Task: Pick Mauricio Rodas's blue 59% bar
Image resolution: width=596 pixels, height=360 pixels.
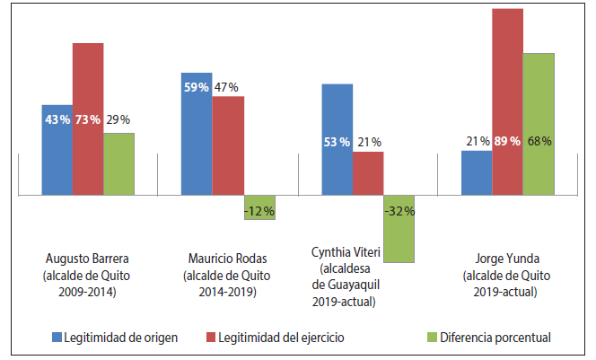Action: [197, 134]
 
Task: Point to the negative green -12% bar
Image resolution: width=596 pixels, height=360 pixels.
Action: [259, 207]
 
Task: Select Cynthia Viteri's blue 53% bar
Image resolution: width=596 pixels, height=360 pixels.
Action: [337, 139]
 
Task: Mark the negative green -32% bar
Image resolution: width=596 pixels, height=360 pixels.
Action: [399, 229]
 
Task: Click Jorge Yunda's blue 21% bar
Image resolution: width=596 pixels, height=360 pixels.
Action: [477, 172]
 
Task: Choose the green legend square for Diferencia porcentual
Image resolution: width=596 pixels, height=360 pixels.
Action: [430, 338]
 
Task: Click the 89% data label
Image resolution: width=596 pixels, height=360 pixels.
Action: [508, 141]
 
